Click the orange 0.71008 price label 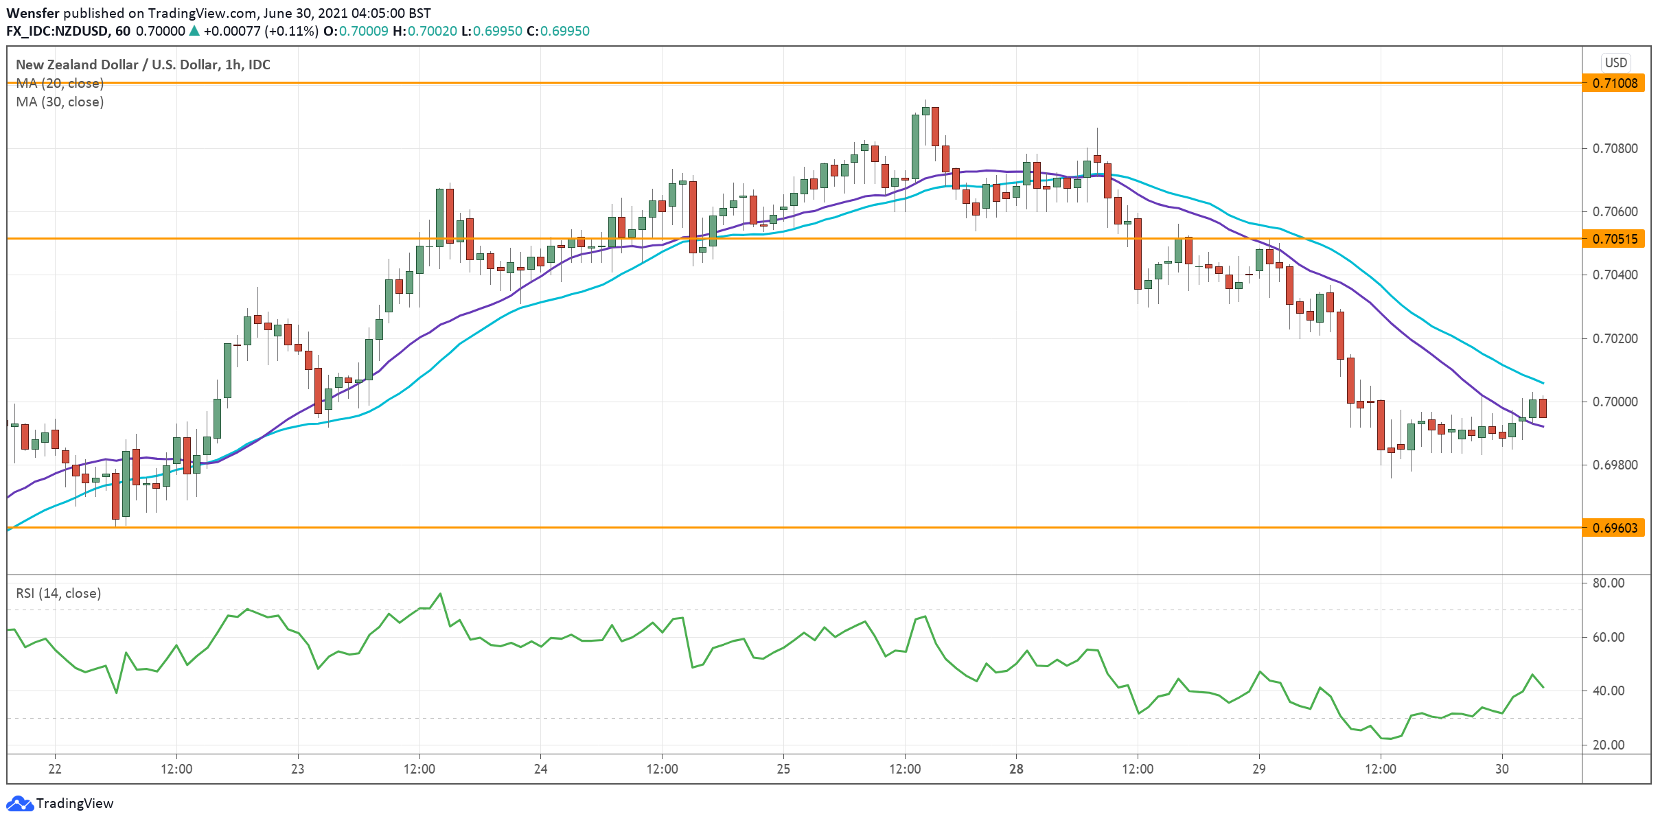click(x=1614, y=83)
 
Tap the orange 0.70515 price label click(x=1614, y=239)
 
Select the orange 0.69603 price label click(x=1614, y=528)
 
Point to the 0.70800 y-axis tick click(x=1613, y=148)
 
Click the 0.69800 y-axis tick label click(x=1613, y=465)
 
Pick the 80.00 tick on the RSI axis click(x=1608, y=583)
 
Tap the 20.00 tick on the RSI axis click(x=1608, y=745)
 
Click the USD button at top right click(x=1615, y=62)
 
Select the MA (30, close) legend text click(x=60, y=102)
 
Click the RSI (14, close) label click(x=58, y=593)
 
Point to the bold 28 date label click(x=1016, y=769)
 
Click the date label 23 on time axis click(x=297, y=769)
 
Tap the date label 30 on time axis click(x=1502, y=769)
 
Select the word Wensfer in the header click(x=32, y=13)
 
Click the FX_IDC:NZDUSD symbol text click(x=58, y=31)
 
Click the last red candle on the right click(x=1543, y=408)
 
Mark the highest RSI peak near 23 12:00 click(x=440, y=594)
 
